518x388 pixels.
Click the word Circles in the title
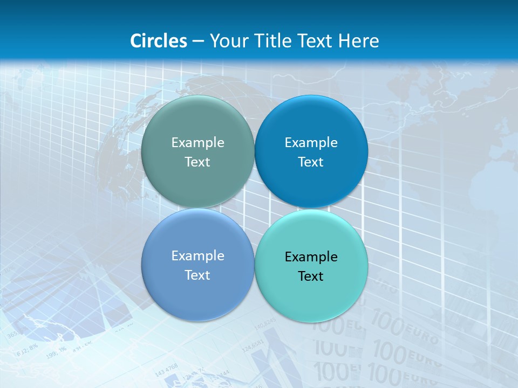[159, 41]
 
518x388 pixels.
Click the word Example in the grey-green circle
[197, 142]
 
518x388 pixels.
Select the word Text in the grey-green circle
[197, 162]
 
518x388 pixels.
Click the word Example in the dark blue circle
[311, 142]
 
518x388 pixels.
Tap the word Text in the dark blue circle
[311, 162]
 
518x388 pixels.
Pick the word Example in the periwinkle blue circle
[197, 255]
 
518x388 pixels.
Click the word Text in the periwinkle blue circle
[197, 275]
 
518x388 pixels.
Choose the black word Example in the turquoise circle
[311, 257]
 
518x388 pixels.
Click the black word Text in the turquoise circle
[311, 276]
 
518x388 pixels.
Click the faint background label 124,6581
[253, 345]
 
